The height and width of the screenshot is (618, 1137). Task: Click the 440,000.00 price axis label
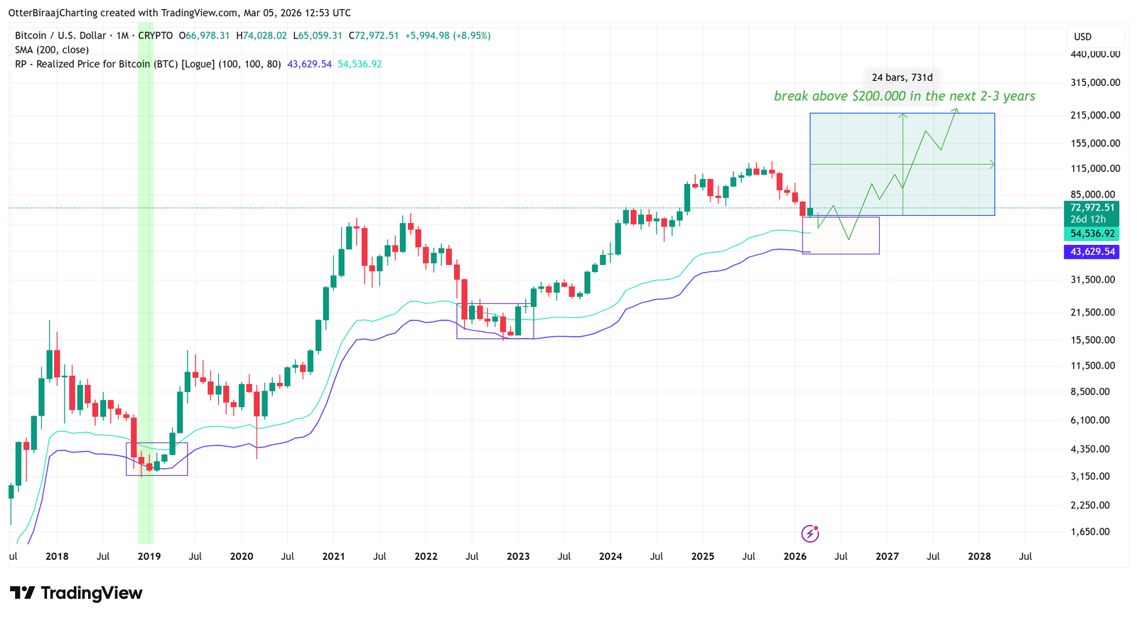pos(1095,54)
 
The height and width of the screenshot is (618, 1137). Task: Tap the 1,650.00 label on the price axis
pos(1089,531)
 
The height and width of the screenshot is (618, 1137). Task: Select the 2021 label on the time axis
pos(333,556)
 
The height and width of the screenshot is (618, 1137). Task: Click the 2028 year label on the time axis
pos(979,556)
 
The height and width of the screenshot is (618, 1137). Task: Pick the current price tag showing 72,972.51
pos(1092,207)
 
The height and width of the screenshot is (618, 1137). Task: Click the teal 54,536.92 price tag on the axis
pos(1092,234)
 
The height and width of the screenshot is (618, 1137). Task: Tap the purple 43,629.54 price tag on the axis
pos(1092,251)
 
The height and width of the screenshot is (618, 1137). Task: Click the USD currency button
pos(1082,37)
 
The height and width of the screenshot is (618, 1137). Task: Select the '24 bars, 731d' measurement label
pos(902,77)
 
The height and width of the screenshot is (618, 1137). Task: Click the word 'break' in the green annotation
pos(790,96)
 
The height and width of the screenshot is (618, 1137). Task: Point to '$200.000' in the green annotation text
pos(878,96)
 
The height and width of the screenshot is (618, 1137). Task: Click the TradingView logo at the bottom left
pos(76,592)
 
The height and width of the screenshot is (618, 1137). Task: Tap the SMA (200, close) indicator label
pos(52,50)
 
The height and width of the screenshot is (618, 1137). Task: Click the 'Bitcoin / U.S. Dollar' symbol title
pos(60,36)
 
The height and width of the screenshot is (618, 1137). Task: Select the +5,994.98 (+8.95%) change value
pos(448,36)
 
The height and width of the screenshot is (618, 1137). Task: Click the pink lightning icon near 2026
pos(809,533)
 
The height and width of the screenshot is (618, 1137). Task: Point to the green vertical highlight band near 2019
pos(145,284)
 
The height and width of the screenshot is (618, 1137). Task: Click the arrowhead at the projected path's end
pos(957,110)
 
